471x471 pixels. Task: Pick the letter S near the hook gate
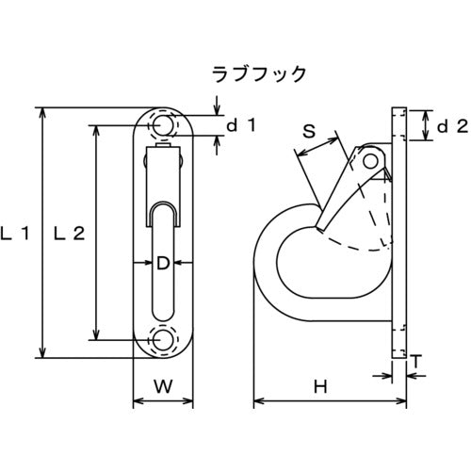coord(306,132)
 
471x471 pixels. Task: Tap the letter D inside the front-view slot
coord(162,265)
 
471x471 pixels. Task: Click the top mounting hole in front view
coord(162,125)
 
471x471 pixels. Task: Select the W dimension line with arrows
coord(162,402)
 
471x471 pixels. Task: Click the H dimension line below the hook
coord(320,402)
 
